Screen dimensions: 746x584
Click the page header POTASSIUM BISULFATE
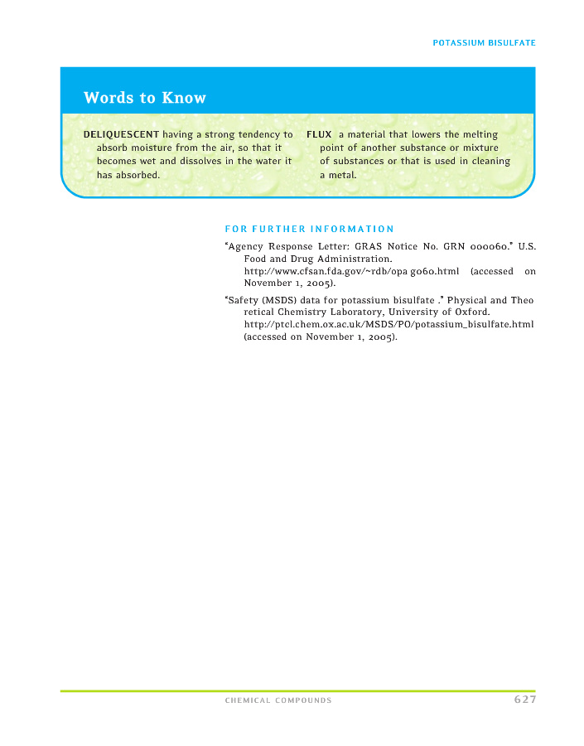(484, 42)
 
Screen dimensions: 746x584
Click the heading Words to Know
(144, 98)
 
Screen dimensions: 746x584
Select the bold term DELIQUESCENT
(121, 134)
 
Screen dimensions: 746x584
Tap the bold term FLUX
(319, 134)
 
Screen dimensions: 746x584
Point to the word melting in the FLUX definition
(480, 134)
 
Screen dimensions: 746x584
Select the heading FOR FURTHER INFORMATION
(309, 229)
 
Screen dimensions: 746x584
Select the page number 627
(524, 700)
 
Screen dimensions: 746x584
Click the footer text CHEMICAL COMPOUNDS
(278, 700)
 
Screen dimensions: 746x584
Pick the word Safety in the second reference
(243, 299)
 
